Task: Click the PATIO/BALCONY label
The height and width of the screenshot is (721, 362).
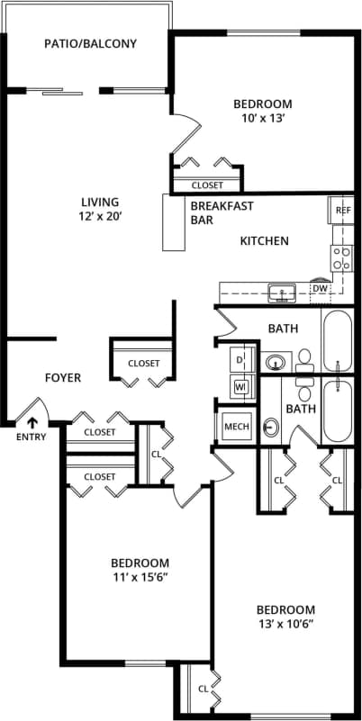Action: tap(91, 43)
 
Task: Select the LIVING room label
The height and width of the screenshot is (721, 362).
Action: tap(99, 202)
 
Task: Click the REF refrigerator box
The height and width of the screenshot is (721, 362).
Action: tap(342, 210)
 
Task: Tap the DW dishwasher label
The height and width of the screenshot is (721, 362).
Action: tap(320, 288)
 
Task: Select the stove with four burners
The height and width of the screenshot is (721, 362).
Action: tap(342, 258)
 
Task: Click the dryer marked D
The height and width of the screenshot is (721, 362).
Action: tap(240, 360)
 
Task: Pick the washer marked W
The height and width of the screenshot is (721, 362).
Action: tap(240, 387)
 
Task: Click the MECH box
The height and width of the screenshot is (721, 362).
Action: tap(236, 426)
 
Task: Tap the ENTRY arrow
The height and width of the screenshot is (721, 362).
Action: tap(32, 420)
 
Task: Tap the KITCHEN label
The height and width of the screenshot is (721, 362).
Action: tap(264, 240)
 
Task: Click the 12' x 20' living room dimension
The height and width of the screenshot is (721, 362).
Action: tap(99, 216)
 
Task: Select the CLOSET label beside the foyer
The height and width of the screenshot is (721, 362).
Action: tap(143, 364)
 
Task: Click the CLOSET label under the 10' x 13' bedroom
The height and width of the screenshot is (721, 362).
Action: tap(207, 185)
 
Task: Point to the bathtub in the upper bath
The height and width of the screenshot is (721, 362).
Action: tap(338, 342)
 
